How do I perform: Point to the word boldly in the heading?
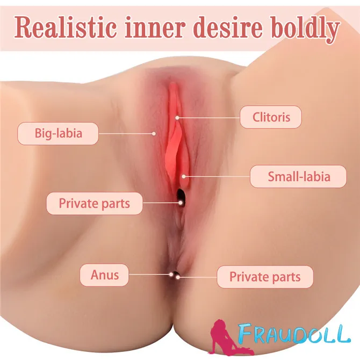click(x=305, y=30)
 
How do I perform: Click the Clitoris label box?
click(x=271, y=117)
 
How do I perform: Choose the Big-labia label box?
click(x=58, y=133)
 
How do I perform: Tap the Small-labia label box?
click(x=298, y=176)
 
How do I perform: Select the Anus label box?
click(x=104, y=275)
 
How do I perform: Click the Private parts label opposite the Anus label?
click(x=265, y=277)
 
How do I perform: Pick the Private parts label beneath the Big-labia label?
click(x=95, y=204)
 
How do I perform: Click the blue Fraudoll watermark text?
click(x=294, y=333)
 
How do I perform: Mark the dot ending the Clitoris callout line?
click(x=177, y=118)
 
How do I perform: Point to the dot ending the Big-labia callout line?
click(x=154, y=133)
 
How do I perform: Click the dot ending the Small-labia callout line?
click(x=184, y=176)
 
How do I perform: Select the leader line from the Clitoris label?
click(x=208, y=118)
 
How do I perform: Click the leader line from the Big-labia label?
click(x=126, y=133)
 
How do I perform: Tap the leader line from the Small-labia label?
click(x=217, y=176)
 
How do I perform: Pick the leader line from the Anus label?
click(x=150, y=275)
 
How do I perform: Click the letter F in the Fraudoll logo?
click(x=246, y=333)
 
